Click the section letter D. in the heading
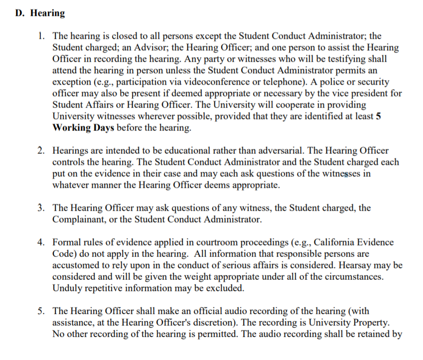click(20, 13)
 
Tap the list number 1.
click(42, 36)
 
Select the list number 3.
click(42, 208)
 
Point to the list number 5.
click(42, 311)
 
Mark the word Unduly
click(66, 288)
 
